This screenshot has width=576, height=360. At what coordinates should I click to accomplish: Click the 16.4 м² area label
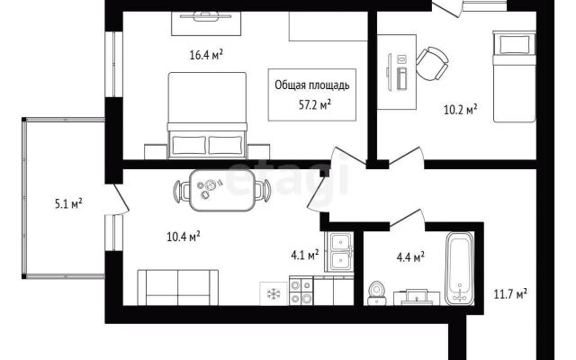(x=206, y=55)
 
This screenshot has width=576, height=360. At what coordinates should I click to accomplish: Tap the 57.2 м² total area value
(x=315, y=106)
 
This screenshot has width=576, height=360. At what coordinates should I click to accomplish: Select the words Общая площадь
(x=312, y=85)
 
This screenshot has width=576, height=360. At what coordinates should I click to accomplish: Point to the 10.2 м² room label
(x=461, y=109)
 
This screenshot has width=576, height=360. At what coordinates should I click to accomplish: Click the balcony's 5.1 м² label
(x=68, y=203)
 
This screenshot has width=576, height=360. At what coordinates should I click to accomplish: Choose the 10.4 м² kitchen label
(x=184, y=236)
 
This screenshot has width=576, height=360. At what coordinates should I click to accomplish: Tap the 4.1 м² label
(x=305, y=255)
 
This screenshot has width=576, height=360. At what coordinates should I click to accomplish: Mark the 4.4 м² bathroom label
(x=410, y=257)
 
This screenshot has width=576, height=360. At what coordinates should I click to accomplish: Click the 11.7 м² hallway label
(x=510, y=294)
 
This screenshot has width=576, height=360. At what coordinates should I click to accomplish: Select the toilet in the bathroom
(x=376, y=293)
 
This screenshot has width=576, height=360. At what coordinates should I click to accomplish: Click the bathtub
(x=459, y=268)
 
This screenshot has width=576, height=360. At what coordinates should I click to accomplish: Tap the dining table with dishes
(x=222, y=190)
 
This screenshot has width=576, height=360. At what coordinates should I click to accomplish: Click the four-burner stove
(x=301, y=291)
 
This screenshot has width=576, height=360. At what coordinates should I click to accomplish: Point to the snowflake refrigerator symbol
(x=274, y=293)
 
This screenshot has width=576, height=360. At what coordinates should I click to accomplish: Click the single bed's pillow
(x=513, y=44)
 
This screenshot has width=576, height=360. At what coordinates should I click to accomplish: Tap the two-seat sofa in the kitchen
(x=178, y=287)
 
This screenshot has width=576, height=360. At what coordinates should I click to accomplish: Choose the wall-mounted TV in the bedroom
(x=206, y=16)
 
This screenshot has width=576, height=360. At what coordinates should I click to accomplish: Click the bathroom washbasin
(x=417, y=297)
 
